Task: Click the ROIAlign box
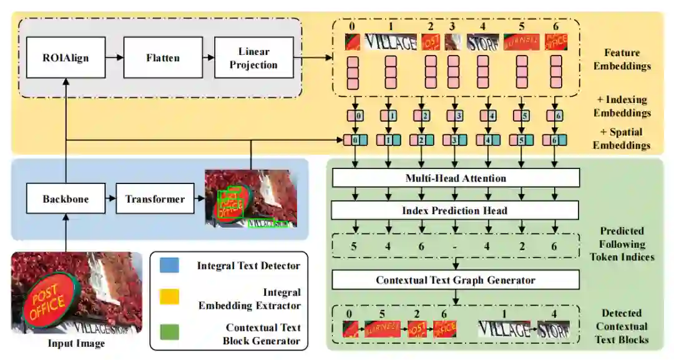coord(66,58)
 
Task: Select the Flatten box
coord(163,58)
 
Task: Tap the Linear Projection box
coord(253,58)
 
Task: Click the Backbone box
coord(66,200)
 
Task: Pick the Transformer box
coord(155,200)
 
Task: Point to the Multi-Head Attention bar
coord(456,178)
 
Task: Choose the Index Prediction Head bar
coord(456,210)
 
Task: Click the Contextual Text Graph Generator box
coord(456,280)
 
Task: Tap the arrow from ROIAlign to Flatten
coord(114,58)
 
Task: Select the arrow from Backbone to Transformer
coord(107,200)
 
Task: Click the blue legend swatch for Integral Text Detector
coord(169,265)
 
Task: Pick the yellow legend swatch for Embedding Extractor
coord(169,298)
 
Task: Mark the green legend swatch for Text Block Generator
coord(169,333)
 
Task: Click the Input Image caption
coord(76,343)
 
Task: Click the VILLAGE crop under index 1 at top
coord(391,42)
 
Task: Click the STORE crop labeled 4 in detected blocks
coord(554,329)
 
